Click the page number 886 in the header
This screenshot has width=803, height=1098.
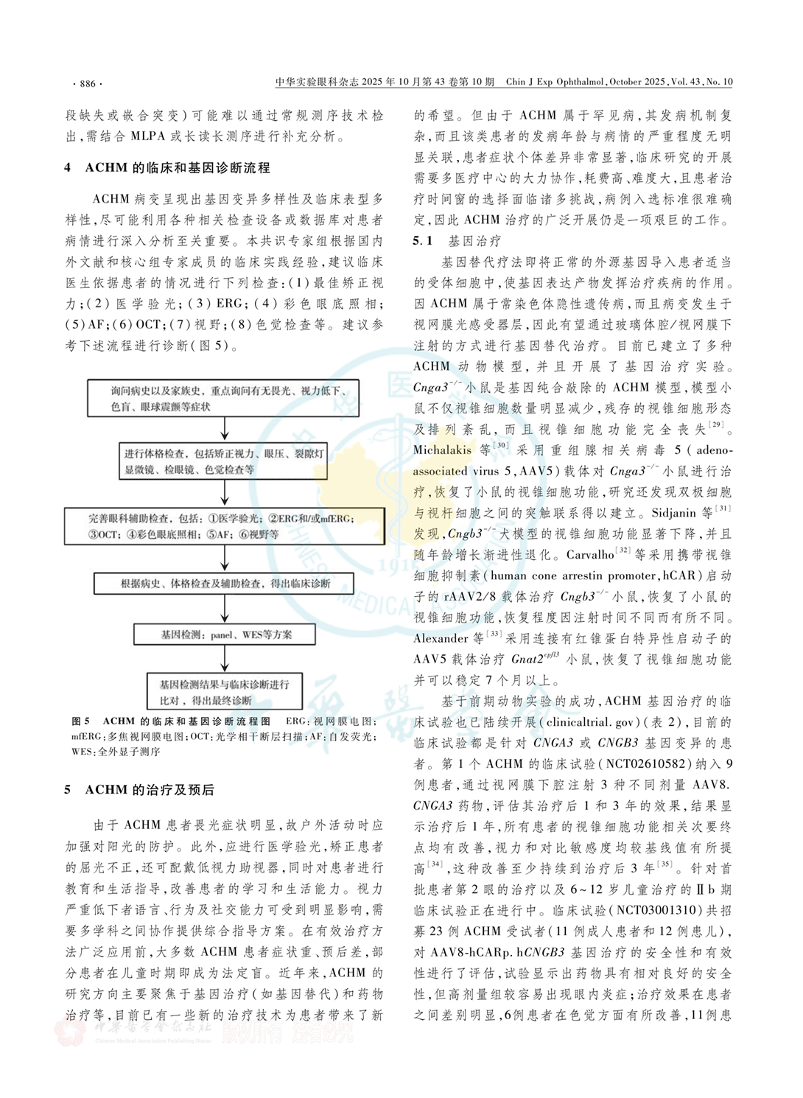click(x=88, y=83)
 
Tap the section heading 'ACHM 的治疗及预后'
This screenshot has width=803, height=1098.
click(x=150, y=790)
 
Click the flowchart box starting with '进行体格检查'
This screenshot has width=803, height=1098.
click(x=224, y=461)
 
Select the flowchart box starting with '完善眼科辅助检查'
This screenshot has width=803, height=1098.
click(x=224, y=527)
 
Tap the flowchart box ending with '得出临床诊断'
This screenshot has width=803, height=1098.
click(x=224, y=584)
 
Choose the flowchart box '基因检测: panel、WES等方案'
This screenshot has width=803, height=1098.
click(x=224, y=634)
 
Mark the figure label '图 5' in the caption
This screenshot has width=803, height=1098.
click(x=80, y=721)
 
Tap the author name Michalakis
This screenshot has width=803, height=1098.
click(x=442, y=450)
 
